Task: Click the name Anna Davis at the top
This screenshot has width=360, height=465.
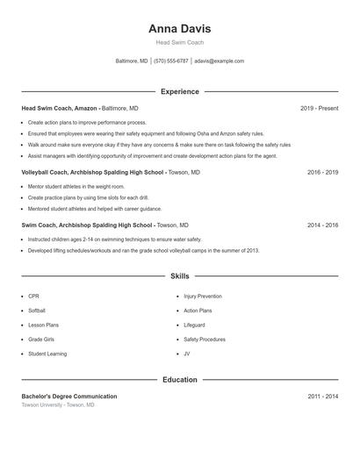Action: (x=179, y=29)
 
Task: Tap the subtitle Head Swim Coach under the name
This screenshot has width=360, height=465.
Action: (x=179, y=43)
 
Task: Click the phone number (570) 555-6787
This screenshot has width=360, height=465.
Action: (x=171, y=61)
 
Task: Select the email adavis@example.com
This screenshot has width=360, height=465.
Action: (x=219, y=61)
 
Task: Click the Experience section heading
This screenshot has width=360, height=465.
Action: (x=179, y=91)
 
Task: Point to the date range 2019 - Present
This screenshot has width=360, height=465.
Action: (x=319, y=109)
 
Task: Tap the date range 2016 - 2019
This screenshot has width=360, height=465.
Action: (x=322, y=173)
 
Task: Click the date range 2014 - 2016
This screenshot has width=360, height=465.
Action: (x=322, y=225)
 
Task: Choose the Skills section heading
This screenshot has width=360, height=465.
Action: (x=179, y=276)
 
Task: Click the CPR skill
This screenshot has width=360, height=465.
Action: (x=33, y=297)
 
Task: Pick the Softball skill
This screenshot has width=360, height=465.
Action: (x=37, y=311)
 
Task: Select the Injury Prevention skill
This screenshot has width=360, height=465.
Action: (x=203, y=297)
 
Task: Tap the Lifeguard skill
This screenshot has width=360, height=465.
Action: (x=194, y=325)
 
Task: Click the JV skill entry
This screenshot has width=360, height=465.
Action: (x=187, y=354)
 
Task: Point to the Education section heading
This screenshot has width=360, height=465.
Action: (x=179, y=380)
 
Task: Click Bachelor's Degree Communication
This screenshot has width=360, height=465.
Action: (x=69, y=397)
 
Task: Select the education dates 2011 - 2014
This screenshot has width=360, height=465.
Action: (x=322, y=397)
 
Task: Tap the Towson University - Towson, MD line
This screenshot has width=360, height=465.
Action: (x=57, y=404)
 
